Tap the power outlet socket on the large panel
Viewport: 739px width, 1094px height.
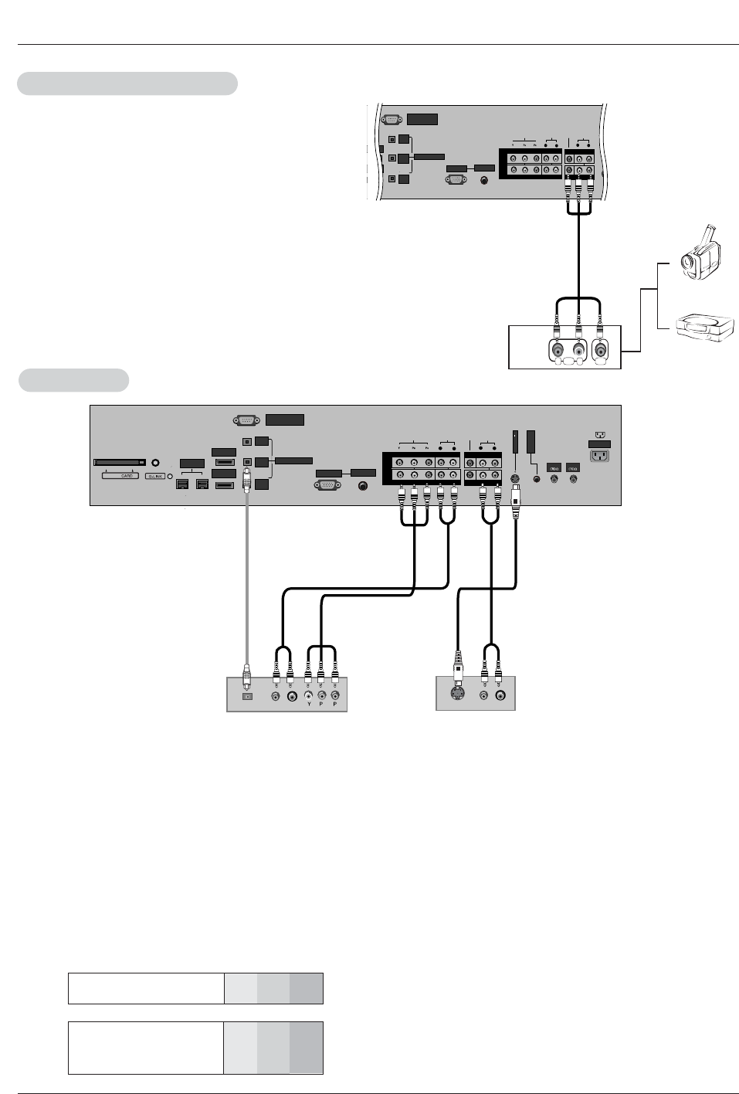coord(598,456)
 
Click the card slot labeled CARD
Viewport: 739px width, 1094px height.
coord(120,463)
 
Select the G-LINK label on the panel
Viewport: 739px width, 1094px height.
coord(154,476)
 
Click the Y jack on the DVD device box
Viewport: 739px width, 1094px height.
coord(308,695)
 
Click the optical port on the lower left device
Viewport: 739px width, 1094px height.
coord(246,695)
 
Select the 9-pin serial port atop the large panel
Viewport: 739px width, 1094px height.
coord(246,420)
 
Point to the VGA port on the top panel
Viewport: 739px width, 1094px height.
coord(456,179)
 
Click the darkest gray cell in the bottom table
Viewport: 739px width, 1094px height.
coord(307,1048)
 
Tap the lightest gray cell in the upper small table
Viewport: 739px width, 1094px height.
coord(240,988)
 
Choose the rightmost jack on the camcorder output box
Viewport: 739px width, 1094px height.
coord(600,349)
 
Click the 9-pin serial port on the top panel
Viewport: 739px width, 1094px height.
coord(392,119)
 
